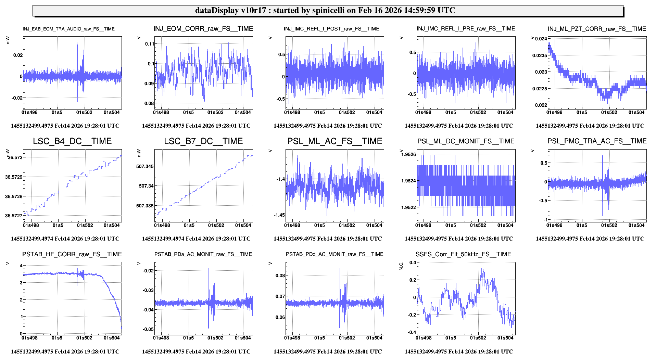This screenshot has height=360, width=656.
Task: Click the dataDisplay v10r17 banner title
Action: coord(325,10)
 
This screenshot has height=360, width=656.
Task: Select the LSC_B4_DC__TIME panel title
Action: coord(72,141)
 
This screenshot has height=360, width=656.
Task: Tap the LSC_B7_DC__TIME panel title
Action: coord(203,141)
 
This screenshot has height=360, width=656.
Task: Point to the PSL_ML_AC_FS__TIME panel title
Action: coord(335,141)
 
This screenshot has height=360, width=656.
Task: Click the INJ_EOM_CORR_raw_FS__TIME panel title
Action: coord(203,29)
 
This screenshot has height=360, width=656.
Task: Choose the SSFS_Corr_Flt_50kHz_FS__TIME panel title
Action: coord(463,254)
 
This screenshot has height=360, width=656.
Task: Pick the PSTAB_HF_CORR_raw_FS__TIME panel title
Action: coord(72,254)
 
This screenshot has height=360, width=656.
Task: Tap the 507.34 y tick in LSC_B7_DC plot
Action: coord(146,186)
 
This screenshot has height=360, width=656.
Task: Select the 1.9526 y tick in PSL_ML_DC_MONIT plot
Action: coord(408,154)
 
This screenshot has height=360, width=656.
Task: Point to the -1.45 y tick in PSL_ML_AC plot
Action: coord(279,215)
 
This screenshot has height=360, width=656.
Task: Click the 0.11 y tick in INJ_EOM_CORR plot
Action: coord(150,44)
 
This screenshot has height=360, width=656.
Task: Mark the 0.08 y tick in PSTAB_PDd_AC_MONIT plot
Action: coord(280,275)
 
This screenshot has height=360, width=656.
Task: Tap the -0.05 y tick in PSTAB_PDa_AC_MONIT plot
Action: coord(148,329)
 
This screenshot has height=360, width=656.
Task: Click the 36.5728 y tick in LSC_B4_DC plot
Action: coord(14,196)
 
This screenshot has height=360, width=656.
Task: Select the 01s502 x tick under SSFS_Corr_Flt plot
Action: coord(478,338)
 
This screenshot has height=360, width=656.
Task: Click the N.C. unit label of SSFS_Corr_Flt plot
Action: coord(401,266)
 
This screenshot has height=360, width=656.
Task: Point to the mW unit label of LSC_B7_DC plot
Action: coord(139,153)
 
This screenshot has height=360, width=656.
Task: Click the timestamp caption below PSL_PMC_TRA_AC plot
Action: coord(590,239)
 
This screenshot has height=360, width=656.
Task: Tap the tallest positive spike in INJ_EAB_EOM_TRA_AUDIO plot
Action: coord(77,43)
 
